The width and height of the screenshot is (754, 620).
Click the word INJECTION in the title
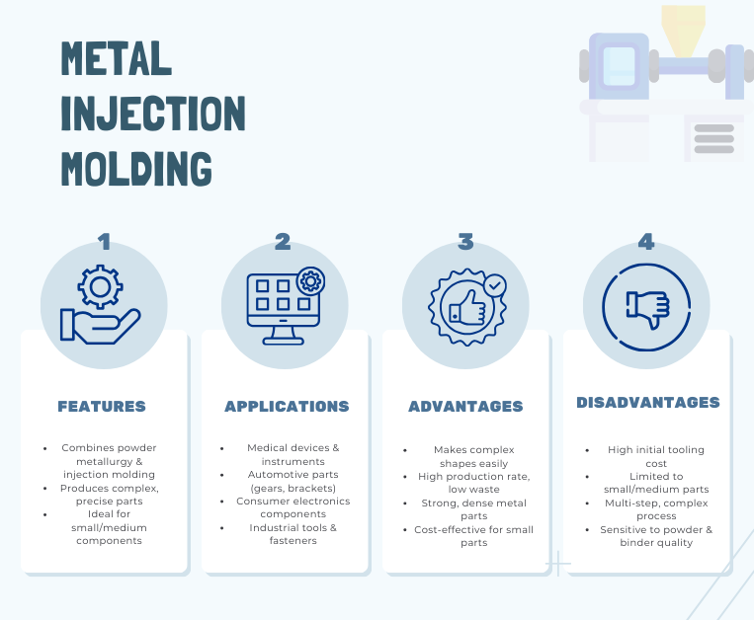(153, 114)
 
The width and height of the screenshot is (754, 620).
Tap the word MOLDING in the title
(136, 169)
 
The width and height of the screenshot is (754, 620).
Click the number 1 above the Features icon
(105, 242)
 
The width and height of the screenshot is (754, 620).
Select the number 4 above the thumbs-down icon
(646, 242)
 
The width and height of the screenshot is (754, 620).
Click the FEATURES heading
(102, 407)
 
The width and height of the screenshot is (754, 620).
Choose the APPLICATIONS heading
(287, 407)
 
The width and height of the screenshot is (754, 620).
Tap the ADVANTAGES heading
(465, 407)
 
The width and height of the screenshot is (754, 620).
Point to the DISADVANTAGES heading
(648, 403)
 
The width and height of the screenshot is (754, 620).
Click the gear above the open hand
(100, 286)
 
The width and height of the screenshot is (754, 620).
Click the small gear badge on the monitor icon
(310, 281)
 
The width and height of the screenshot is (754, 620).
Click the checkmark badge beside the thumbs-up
(495, 285)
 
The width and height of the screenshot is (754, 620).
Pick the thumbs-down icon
(647, 308)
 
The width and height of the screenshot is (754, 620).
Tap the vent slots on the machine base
(714, 139)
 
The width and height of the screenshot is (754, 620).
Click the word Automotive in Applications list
(270, 475)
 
